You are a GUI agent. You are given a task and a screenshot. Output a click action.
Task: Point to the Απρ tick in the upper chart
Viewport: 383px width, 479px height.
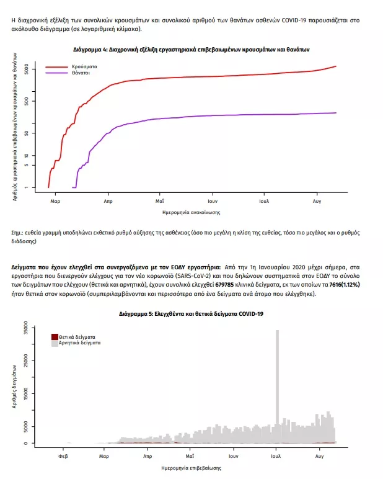pos(108,202)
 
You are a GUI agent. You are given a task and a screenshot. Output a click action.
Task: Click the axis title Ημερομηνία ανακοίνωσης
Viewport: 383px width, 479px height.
pos(191,213)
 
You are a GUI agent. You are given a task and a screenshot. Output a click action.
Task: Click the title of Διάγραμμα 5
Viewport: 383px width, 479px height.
pos(191,315)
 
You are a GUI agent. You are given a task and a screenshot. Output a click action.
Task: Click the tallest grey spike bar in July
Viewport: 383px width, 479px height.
pos(277,385)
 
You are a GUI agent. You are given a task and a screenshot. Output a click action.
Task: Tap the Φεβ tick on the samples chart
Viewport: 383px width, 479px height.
pos(63,456)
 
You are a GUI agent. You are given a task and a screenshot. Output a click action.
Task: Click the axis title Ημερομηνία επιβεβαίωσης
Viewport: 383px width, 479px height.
pos(191,468)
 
